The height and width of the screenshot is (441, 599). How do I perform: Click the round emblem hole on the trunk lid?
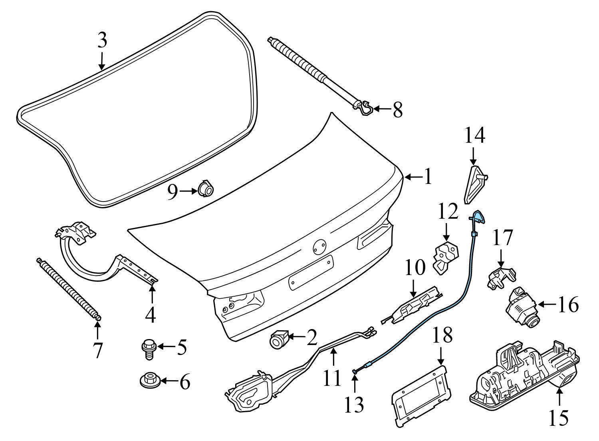(x=319, y=247)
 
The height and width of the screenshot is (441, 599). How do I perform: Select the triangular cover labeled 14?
(x=474, y=184)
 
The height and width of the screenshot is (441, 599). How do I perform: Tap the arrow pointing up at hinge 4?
(x=151, y=292)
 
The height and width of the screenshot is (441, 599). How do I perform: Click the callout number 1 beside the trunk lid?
(x=428, y=176)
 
